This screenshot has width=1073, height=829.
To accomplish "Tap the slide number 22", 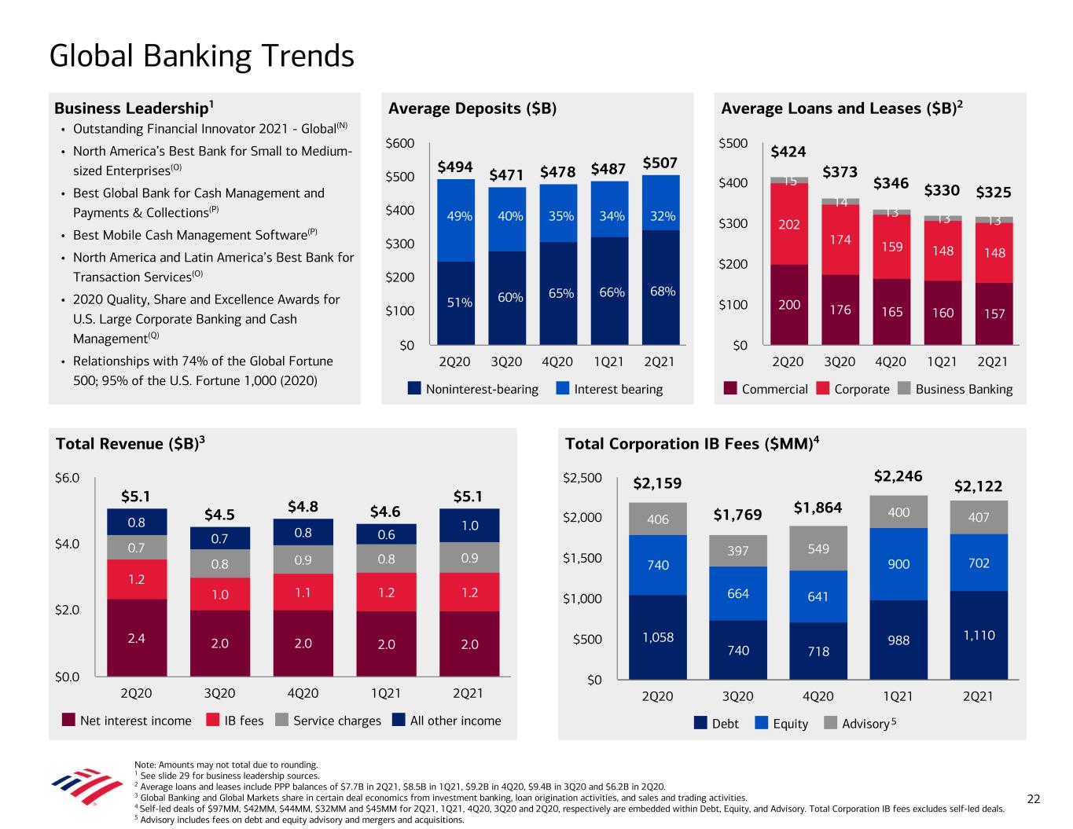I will tap(1034, 799).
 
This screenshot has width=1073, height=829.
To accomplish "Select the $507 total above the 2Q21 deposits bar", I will tap(660, 163).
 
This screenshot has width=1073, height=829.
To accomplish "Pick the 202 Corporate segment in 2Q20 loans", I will tap(789, 225).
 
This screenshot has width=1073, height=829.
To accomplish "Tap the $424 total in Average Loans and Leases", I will tap(788, 152).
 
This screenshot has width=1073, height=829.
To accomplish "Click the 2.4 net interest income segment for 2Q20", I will tap(136, 638).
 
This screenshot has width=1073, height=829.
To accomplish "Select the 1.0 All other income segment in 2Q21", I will tap(469, 526).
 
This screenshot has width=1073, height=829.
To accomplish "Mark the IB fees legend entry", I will tap(234, 721).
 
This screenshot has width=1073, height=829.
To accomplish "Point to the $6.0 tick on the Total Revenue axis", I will tap(68, 477).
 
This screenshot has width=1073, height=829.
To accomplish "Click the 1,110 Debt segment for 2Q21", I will tap(978, 635).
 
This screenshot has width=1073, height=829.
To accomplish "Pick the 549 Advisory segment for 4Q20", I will tap(818, 548).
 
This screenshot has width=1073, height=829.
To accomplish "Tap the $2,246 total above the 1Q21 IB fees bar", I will tap(898, 476).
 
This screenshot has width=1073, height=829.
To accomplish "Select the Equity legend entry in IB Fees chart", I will tap(781, 724).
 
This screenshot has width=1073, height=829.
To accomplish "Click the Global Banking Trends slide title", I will tap(201, 57).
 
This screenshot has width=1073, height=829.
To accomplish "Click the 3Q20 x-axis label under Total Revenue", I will tap(219, 694).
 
